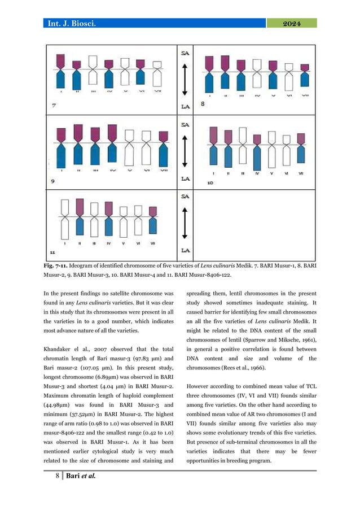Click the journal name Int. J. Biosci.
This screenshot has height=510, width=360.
[76, 23]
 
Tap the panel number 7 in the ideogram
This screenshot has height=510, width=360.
[53, 106]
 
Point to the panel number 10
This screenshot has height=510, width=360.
[210, 183]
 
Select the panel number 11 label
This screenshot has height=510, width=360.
[53, 252]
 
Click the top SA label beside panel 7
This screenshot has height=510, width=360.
[185, 53]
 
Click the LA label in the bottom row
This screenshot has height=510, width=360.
[185, 250]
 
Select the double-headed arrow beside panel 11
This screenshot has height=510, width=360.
[185, 223]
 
